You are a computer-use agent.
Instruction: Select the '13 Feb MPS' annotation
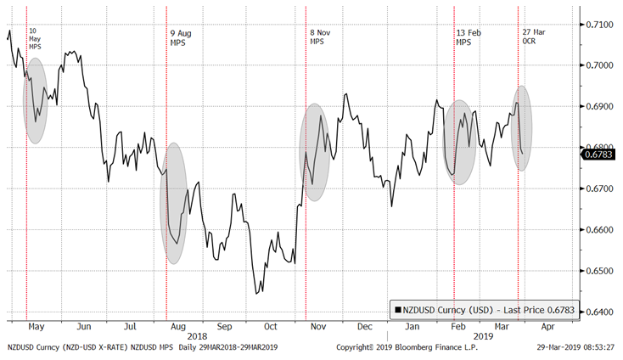(x=468, y=37)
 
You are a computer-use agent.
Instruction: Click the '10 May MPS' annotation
(x=35, y=38)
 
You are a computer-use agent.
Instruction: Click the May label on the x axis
(x=36, y=326)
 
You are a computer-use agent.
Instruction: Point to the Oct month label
(x=270, y=326)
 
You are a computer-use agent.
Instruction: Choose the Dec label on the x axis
(x=365, y=326)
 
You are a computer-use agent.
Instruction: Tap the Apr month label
(x=549, y=326)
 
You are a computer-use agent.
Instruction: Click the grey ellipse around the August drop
(x=173, y=203)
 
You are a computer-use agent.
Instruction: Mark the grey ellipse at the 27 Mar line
(x=524, y=127)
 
